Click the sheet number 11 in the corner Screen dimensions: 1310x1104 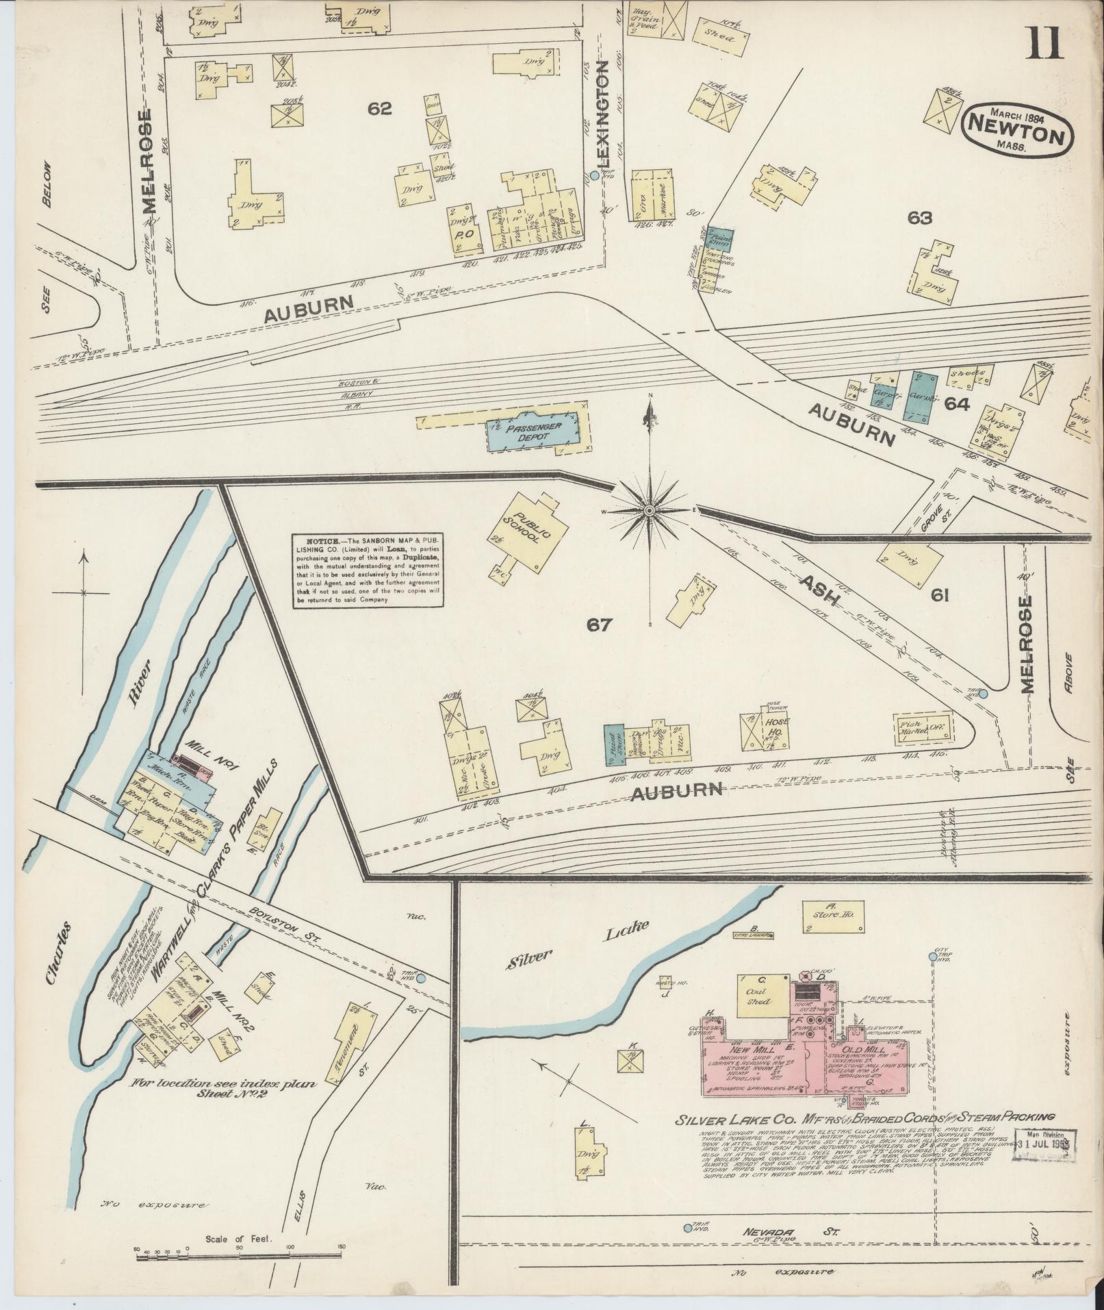coord(1043,39)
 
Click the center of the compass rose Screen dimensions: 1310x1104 coord(650,510)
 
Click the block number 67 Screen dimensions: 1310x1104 coord(598,624)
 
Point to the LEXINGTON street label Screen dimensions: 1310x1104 coord(603,113)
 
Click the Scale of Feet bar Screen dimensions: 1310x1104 coord(238,1255)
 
